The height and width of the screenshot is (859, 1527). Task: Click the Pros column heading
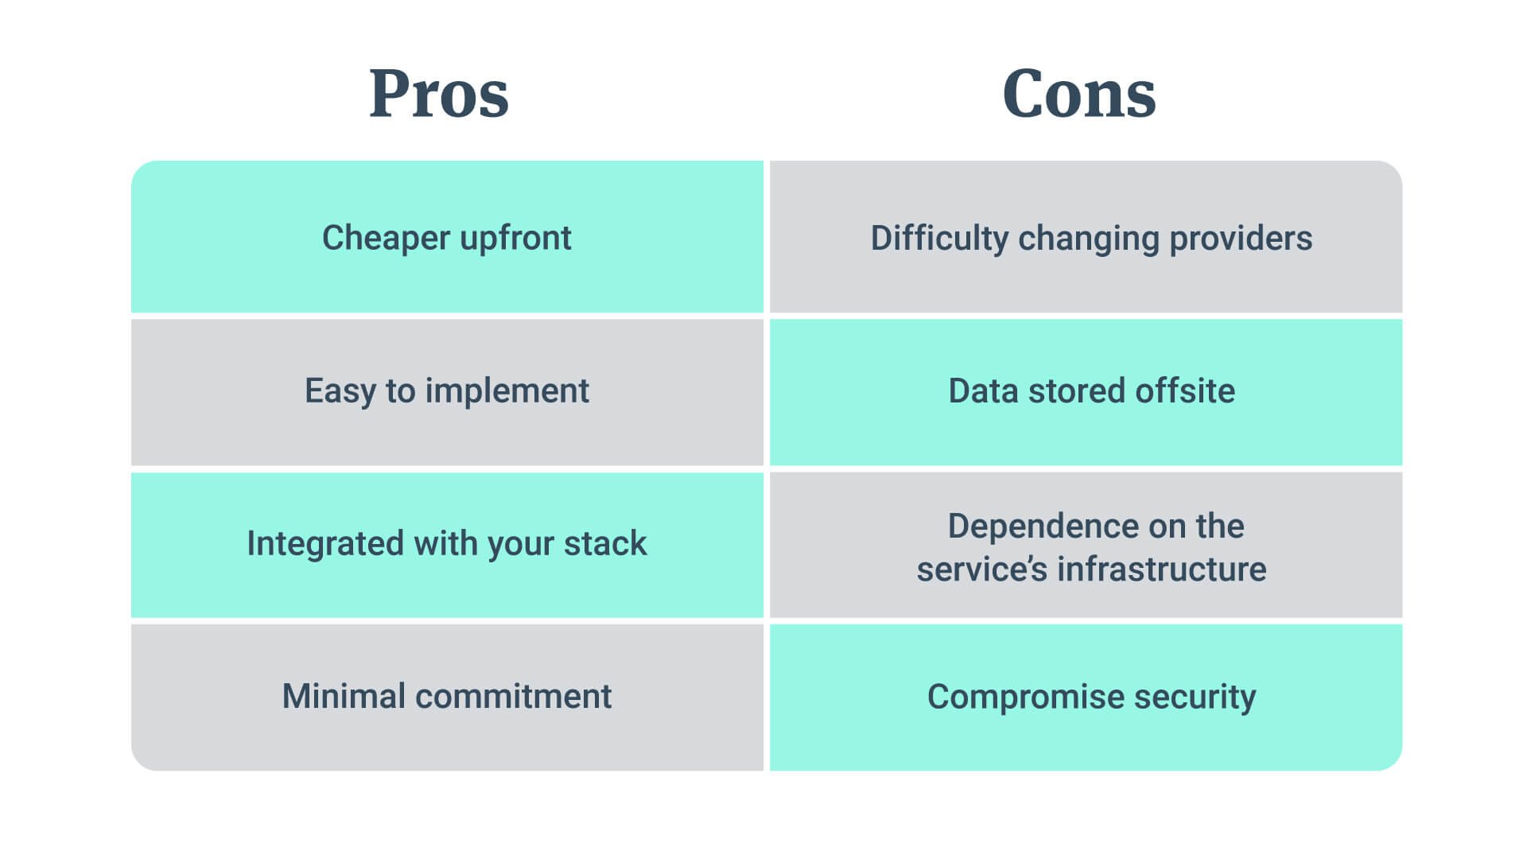pyautogui.click(x=438, y=94)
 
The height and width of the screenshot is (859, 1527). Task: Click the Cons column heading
pyautogui.click(x=1078, y=94)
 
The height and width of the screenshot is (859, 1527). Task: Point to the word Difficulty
pyautogui.click(x=939, y=239)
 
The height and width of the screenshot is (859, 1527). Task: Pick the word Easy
pyautogui.click(x=340, y=391)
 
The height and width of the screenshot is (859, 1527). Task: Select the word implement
pyautogui.click(x=507, y=391)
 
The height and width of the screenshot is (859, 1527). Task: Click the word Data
pyautogui.click(x=983, y=391)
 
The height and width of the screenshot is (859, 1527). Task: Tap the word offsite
pyautogui.click(x=1185, y=391)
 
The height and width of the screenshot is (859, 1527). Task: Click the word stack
pyautogui.click(x=605, y=544)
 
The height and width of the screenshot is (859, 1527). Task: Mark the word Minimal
pyautogui.click(x=344, y=697)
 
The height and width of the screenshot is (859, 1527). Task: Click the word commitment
pyautogui.click(x=514, y=697)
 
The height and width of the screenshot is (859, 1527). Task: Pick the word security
pyautogui.click(x=1195, y=698)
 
